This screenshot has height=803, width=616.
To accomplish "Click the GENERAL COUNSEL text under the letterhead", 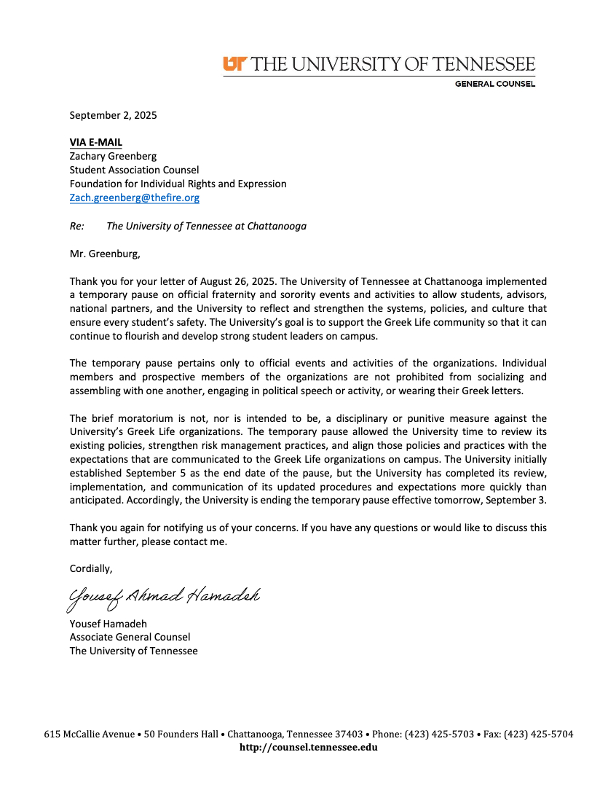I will pyautogui.click(x=494, y=84).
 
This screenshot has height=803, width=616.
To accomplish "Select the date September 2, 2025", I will pyautogui.click(x=113, y=115).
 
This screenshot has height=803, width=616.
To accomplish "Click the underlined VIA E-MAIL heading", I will pyautogui.click(x=96, y=142).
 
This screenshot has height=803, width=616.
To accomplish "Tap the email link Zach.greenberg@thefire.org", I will pyautogui.click(x=134, y=197).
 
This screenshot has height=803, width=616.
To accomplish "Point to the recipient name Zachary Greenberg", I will pyautogui.click(x=113, y=156).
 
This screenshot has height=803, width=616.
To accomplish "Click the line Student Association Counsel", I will pyautogui.click(x=134, y=170).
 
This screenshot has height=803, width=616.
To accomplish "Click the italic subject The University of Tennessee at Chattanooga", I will pyautogui.click(x=206, y=226).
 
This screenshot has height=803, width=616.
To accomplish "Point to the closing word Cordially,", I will pyautogui.click(x=91, y=568).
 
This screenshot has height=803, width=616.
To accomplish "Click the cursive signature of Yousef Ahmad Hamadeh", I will pyautogui.click(x=164, y=598).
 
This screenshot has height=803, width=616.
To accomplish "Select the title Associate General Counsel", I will pyautogui.click(x=130, y=637).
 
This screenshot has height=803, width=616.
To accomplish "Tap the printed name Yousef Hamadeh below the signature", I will pyautogui.click(x=108, y=624).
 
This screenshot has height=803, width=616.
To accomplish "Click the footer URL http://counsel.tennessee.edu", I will pyautogui.click(x=308, y=747).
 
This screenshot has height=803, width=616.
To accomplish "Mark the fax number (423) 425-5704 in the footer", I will pyautogui.click(x=538, y=734).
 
